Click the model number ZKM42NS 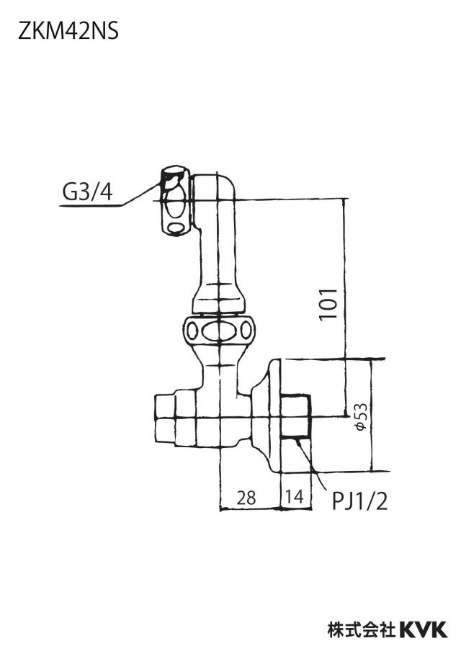tap(68, 32)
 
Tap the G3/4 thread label tap(88, 192)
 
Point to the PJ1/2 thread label tap(359, 500)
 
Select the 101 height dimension tap(328, 304)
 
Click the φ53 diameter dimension tap(362, 416)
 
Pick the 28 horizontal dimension tap(246, 497)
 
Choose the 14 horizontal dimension tap(295, 496)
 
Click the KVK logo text tap(424, 629)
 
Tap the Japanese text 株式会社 tap(362, 629)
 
